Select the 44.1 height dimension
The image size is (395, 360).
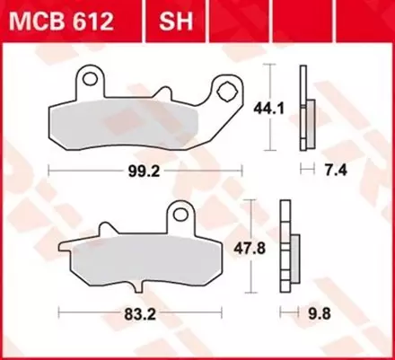[287, 105]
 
